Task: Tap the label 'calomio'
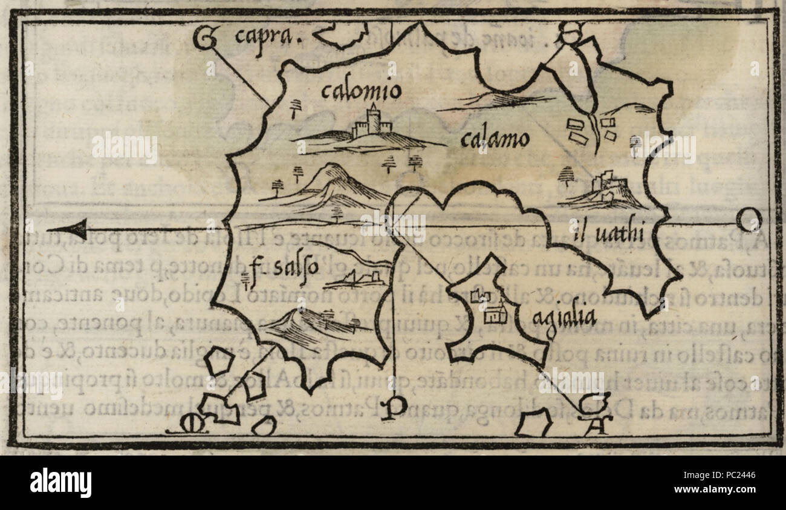pyautogui.click(x=360, y=92)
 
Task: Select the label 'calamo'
pyautogui.click(x=494, y=140)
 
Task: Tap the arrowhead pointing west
pyautogui.click(x=68, y=229)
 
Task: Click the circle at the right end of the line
pyautogui.click(x=750, y=220)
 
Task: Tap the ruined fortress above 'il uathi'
pyautogui.click(x=602, y=185)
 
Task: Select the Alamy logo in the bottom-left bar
pyautogui.click(x=60, y=483)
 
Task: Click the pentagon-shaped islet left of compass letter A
pyautogui.click(x=533, y=422)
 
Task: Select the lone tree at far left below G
pyautogui.click(x=295, y=108)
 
